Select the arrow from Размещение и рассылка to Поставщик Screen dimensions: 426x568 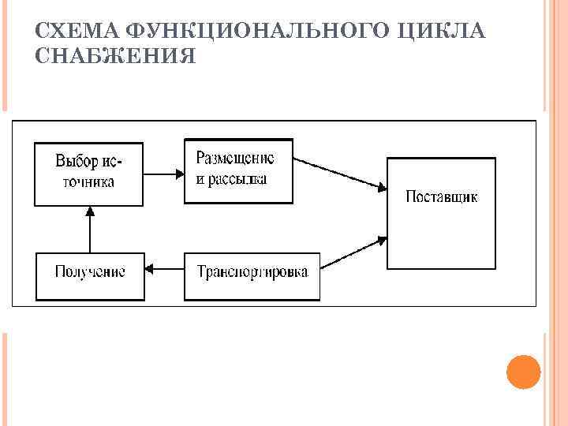click(339, 174)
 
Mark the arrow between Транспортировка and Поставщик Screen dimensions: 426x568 click(353, 251)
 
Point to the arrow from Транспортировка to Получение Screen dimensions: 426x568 click(165, 272)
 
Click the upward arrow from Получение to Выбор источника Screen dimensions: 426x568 click(90, 230)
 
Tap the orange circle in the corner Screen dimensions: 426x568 click(522, 371)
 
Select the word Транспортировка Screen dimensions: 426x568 click(252, 272)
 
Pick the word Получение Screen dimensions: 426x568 click(91, 272)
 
